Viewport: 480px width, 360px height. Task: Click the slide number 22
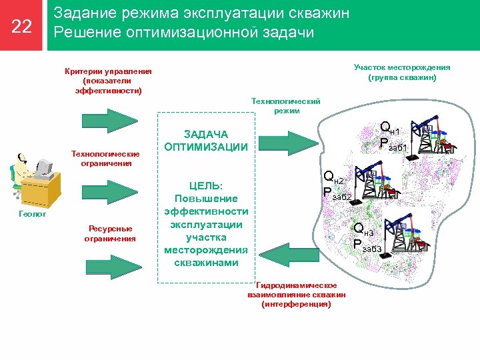[22, 26]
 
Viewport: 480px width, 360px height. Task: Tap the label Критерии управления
[109, 71]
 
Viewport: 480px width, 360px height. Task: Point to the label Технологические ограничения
[110, 159]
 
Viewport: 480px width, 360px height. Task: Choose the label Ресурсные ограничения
[110, 233]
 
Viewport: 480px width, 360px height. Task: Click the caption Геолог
[31, 215]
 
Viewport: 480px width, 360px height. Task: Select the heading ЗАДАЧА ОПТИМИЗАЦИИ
[206, 141]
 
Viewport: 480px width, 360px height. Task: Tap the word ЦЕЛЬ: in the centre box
[206, 186]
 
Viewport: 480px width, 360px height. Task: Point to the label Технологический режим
[285, 106]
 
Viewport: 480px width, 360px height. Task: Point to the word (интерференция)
[296, 304]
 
